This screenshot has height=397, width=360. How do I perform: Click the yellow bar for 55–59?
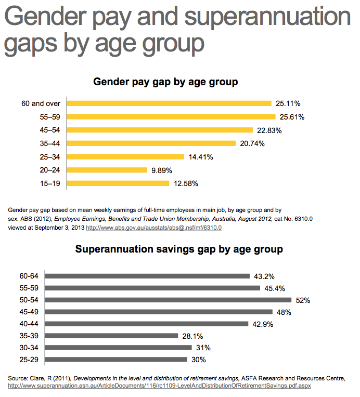click(171, 116)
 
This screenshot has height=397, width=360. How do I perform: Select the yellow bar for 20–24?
click(107, 169)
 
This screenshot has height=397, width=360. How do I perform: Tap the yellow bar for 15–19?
click(118, 183)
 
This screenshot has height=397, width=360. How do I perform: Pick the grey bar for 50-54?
click(169, 300)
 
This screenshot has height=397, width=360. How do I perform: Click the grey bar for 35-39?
click(112, 336)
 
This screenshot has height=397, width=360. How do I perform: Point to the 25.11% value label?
click(289, 103)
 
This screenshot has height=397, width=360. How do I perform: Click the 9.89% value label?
click(161, 170)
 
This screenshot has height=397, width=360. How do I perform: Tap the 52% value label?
click(303, 300)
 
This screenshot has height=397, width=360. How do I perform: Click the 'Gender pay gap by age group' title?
click(165, 82)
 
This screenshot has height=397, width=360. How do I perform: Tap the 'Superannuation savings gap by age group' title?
click(179, 249)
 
